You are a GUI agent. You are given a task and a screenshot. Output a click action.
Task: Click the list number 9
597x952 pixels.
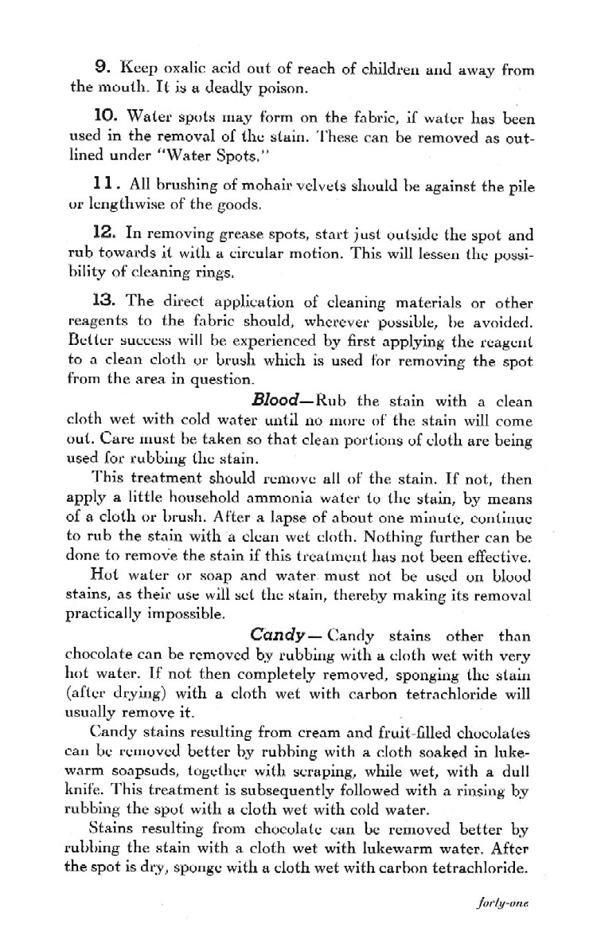[x=102, y=69]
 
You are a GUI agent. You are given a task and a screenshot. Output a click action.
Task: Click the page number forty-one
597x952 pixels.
[x=503, y=927]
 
